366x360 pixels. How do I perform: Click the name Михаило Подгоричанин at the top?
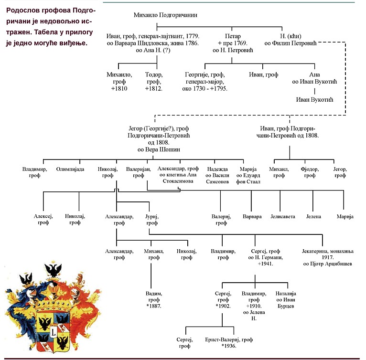point(165,15)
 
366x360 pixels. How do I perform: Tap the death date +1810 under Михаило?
point(119,89)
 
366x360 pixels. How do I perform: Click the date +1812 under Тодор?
point(153,89)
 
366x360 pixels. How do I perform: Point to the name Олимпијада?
point(70,169)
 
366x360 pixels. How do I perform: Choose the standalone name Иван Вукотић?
point(314,100)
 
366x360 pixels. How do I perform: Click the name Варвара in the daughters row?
point(252,216)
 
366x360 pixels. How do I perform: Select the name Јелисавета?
point(283,216)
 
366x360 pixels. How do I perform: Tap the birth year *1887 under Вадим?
point(154,306)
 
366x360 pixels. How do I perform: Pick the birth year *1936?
point(229,346)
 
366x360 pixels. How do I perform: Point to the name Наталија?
point(286,294)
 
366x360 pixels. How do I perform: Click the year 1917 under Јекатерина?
point(327,257)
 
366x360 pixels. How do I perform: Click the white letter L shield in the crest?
point(54,331)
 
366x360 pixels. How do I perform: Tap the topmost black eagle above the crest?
point(53,269)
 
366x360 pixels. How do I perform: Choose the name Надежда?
point(217,169)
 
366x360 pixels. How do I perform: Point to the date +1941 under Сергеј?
point(265,264)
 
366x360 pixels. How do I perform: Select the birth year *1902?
point(223,306)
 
